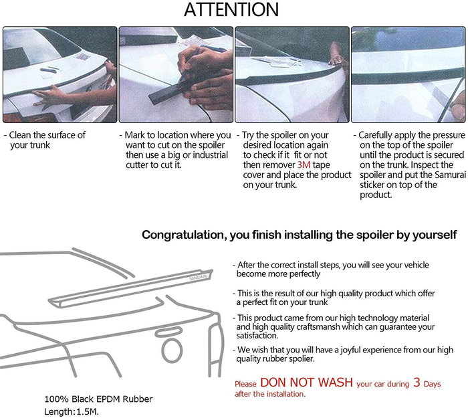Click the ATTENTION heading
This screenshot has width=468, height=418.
(231, 9)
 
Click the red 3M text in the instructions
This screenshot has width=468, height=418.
(304, 165)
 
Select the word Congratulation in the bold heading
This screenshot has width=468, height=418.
(183, 235)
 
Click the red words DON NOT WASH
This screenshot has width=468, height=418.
(306, 383)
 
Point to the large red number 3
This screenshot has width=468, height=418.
(417, 383)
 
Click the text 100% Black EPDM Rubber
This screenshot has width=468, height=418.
(98, 399)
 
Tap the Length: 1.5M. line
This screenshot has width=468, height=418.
(72, 412)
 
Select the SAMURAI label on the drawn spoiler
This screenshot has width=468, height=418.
(199, 278)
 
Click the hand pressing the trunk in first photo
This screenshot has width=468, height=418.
(49, 95)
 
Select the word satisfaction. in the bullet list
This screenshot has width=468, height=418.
(257, 336)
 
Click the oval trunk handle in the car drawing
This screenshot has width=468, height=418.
(168, 332)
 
